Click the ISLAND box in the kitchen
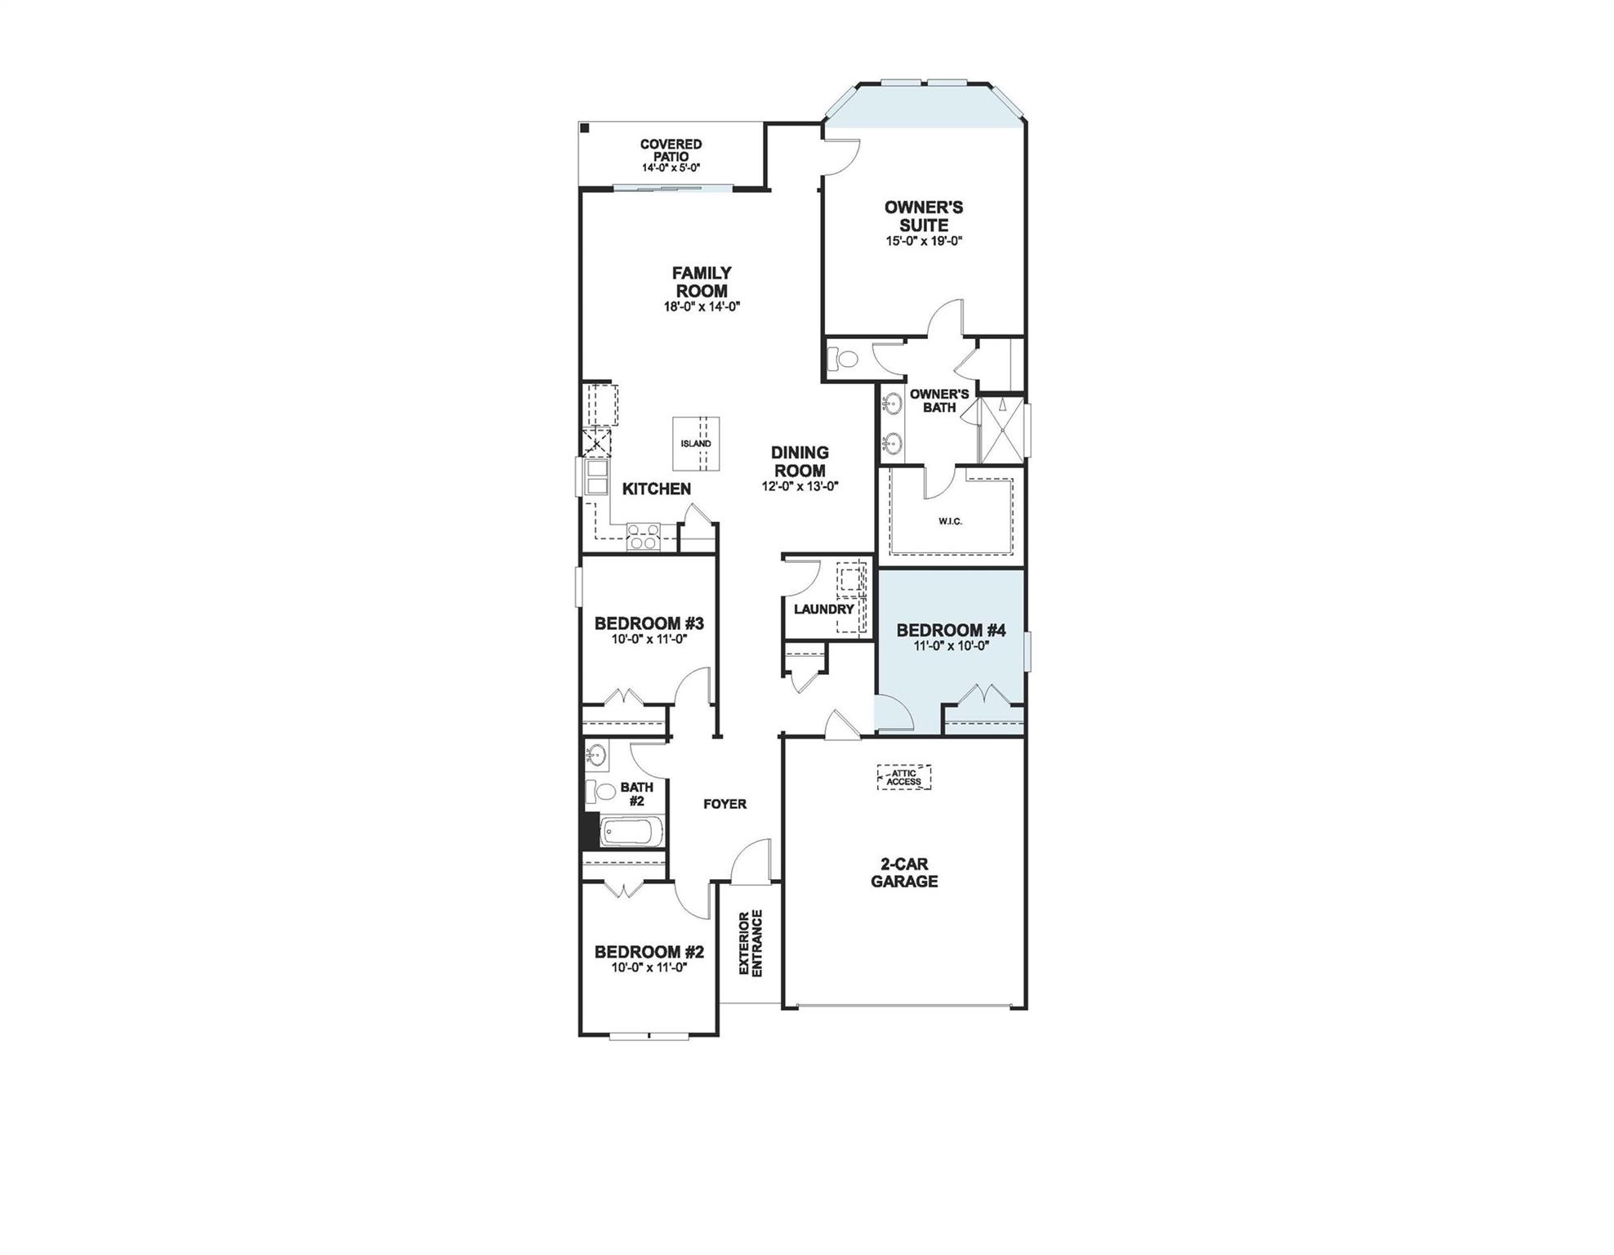pyautogui.click(x=696, y=444)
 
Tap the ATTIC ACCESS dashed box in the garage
pyautogui.click(x=903, y=777)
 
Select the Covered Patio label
pyautogui.click(x=671, y=150)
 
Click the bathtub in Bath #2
pyautogui.click(x=631, y=834)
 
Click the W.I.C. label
pyautogui.click(x=950, y=520)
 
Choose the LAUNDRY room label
pyautogui.click(x=823, y=609)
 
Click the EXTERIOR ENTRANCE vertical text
pyautogui.click(x=750, y=942)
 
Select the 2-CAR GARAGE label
pyautogui.click(x=903, y=873)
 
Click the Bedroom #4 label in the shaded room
pyautogui.click(x=951, y=630)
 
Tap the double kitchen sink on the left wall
pyautogui.click(x=595, y=478)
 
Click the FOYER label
pyautogui.click(x=725, y=804)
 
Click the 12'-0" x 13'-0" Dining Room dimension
pyautogui.click(x=800, y=486)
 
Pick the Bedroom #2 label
pyautogui.click(x=649, y=952)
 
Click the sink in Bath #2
pyautogui.click(x=596, y=753)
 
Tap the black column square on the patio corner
pyautogui.click(x=585, y=127)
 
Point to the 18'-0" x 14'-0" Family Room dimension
pyautogui.click(x=701, y=307)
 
